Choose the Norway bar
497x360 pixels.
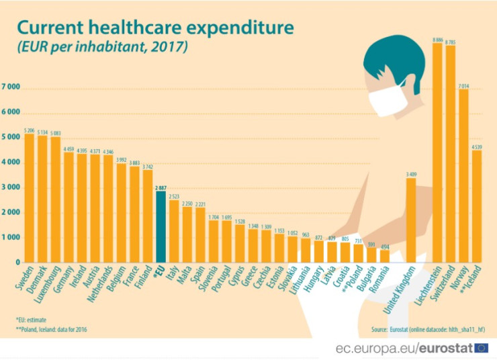(x=463, y=175)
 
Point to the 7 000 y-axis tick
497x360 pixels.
(x=11, y=87)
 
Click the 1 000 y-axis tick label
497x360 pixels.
(x=11, y=238)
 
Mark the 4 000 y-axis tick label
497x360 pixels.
(x=11, y=163)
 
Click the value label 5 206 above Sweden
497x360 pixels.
(x=30, y=130)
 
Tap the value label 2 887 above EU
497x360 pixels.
(x=161, y=187)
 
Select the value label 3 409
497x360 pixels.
(x=411, y=174)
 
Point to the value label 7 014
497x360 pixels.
(x=463, y=85)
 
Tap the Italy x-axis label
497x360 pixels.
(x=176, y=276)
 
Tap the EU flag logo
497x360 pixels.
(x=482, y=347)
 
